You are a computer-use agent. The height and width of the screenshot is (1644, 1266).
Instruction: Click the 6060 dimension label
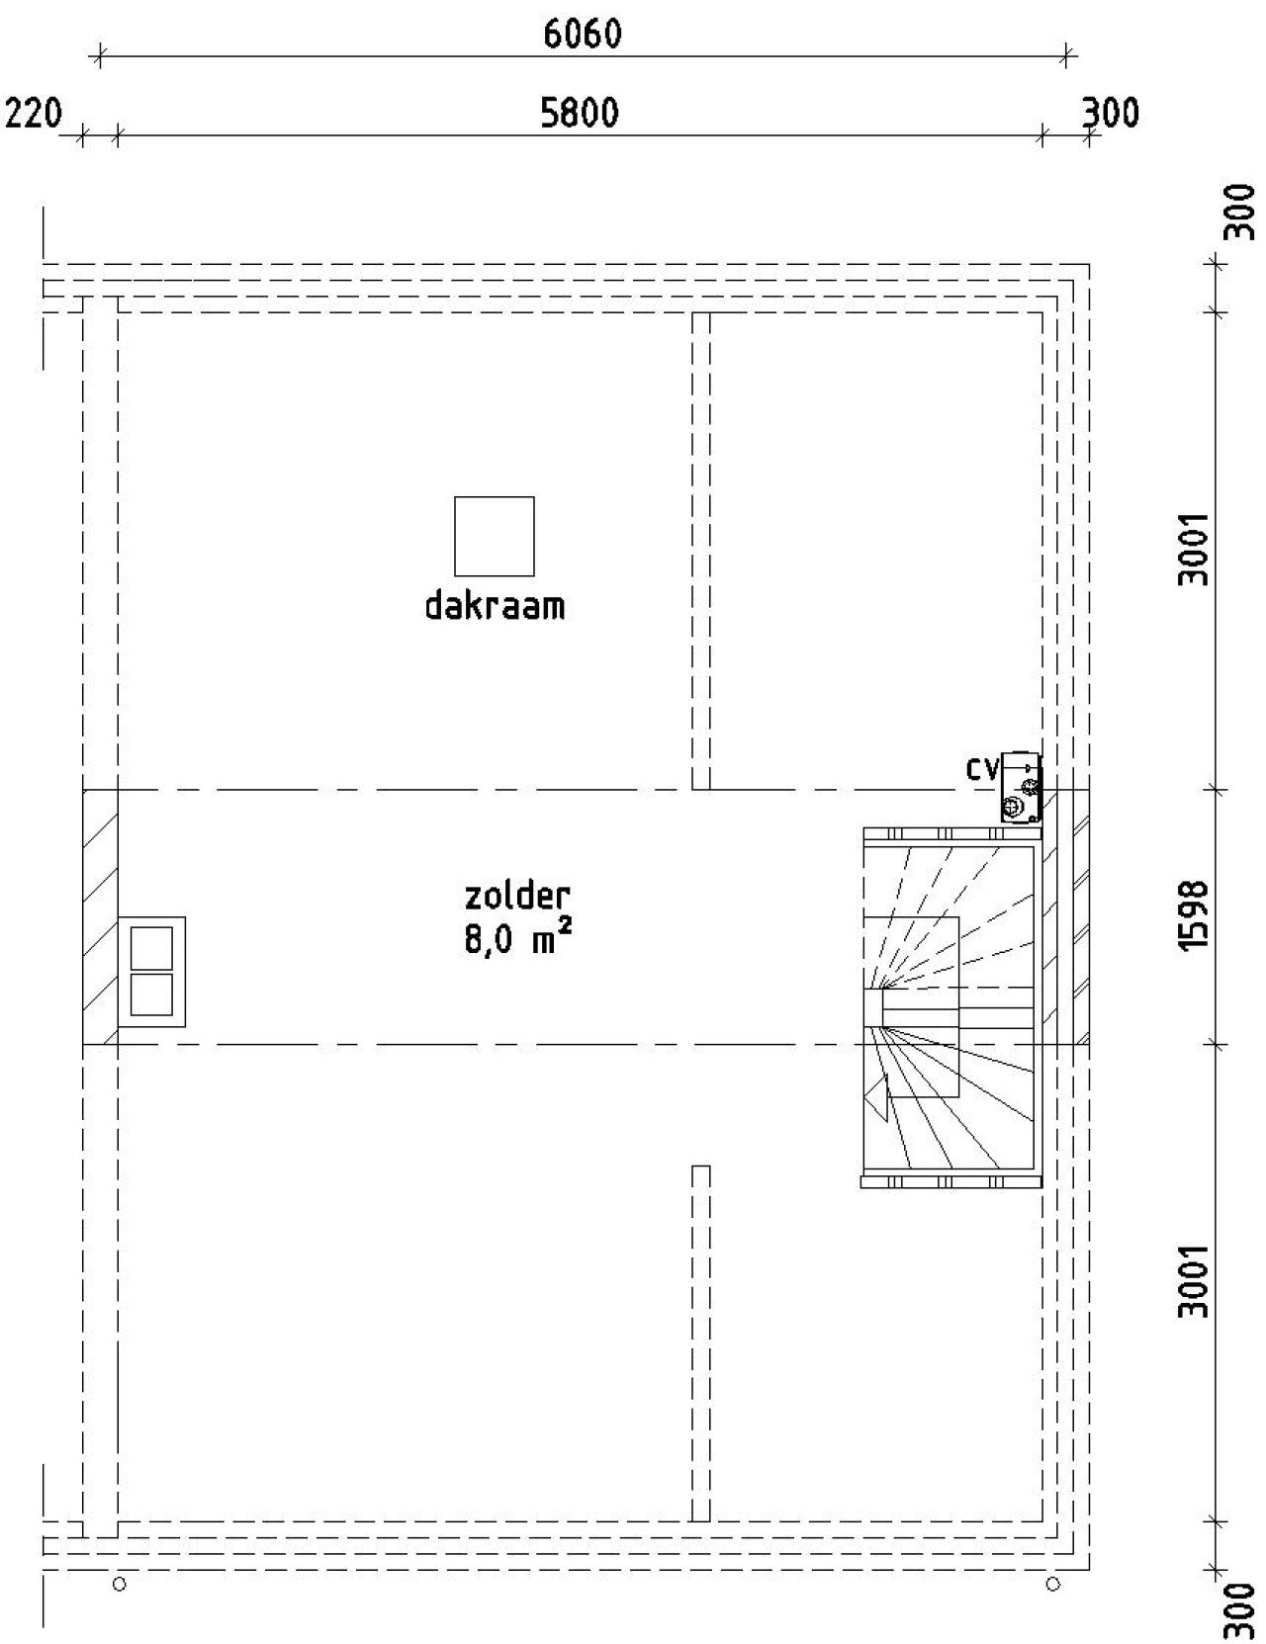tap(582, 34)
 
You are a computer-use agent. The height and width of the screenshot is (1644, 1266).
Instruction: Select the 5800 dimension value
tap(580, 113)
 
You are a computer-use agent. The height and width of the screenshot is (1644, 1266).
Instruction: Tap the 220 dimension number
tap(33, 114)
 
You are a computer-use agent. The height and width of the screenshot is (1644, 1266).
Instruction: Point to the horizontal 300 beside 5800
tap(1110, 113)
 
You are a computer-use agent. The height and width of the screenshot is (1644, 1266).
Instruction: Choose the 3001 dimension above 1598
tap(1194, 550)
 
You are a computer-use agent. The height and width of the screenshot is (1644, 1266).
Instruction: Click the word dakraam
tap(495, 606)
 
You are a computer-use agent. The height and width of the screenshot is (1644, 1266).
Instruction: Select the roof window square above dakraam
tap(495, 537)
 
